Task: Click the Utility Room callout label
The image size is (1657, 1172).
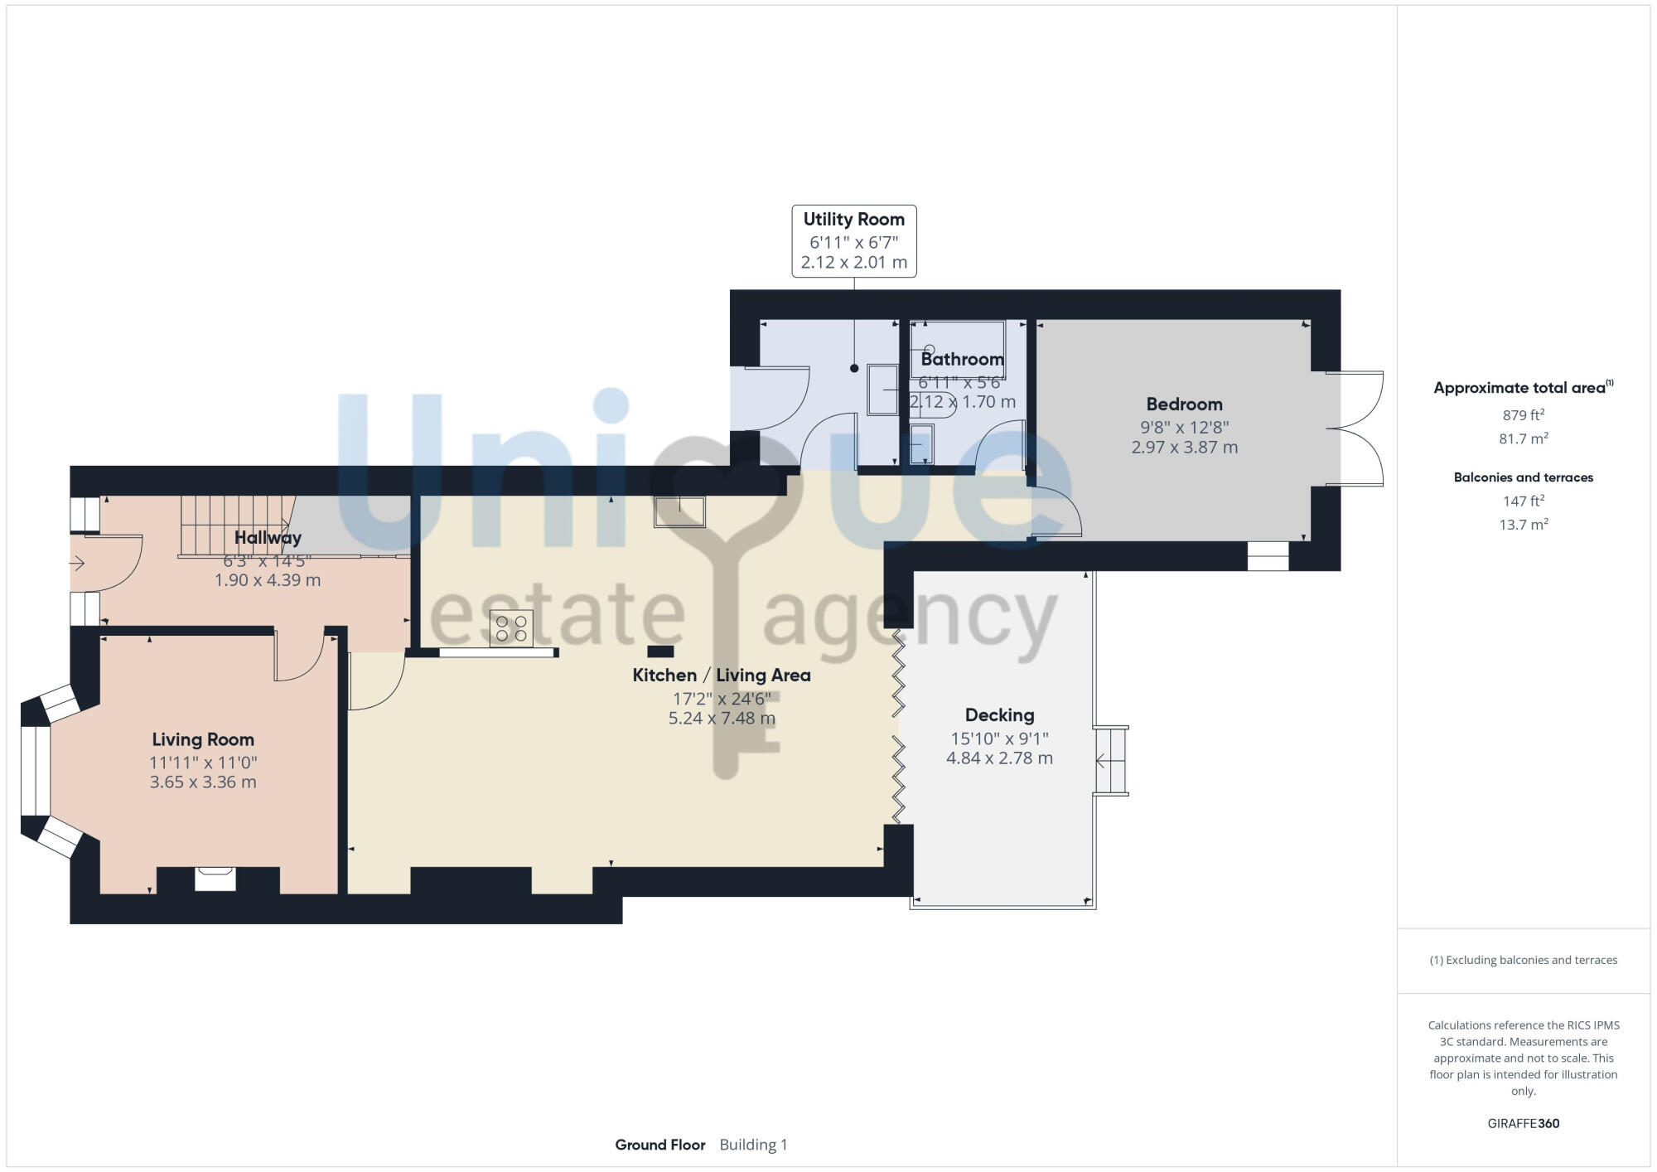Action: pos(853,220)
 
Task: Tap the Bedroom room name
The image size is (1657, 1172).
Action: pos(1184,404)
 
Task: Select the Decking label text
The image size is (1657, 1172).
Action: pos(999,715)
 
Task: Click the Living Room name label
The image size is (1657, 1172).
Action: pos(203,739)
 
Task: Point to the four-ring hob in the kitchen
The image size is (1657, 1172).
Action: pos(511,627)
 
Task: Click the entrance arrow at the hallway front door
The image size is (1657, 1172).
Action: pos(77,564)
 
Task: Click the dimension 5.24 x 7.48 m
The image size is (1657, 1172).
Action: pos(722,719)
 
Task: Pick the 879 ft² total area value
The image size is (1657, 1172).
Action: pos(1523,415)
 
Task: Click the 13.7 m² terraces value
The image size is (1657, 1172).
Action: pos(1523,525)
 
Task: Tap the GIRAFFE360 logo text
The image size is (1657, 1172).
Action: pos(1523,1124)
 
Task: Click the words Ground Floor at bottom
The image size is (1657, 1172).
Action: pos(659,1145)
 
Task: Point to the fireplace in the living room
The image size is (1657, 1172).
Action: pos(215,879)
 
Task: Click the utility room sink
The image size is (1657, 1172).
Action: pos(882,390)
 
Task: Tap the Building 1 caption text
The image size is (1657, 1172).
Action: pos(753,1145)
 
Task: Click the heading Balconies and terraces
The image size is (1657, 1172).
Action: pos(1523,477)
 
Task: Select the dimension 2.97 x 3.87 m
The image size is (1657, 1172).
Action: pos(1184,448)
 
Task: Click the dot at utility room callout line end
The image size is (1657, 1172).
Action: pos(854,368)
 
